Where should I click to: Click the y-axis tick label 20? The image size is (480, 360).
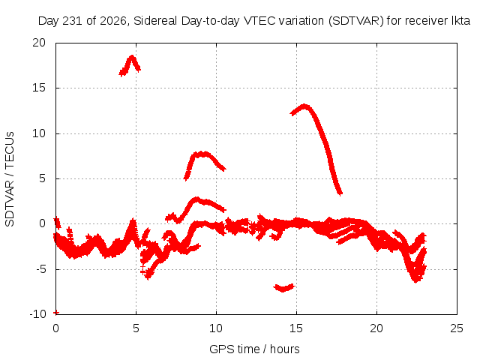[39, 43]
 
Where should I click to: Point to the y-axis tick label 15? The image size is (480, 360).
[39, 88]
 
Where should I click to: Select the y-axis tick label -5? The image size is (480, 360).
[40, 269]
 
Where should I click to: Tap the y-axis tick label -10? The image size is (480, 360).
[37, 314]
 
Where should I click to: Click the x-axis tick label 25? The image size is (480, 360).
[457, 328]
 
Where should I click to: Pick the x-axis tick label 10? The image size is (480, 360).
[216, 328]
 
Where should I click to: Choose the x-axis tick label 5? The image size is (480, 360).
[136, 328]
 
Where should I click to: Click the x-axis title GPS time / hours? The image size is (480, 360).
[254, 349]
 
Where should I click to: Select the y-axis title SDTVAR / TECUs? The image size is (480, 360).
[10, 179]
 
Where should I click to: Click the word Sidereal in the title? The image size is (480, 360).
[155, 21]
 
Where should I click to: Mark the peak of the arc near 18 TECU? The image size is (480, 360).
[132, 57]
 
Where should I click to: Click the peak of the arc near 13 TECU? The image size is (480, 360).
[304, 106]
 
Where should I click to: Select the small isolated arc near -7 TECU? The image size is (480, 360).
[283, 288]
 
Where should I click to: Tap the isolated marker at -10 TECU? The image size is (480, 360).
[56, 313]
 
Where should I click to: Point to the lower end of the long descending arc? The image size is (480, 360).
[340, 193]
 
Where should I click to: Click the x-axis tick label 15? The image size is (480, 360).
[296, 328]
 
